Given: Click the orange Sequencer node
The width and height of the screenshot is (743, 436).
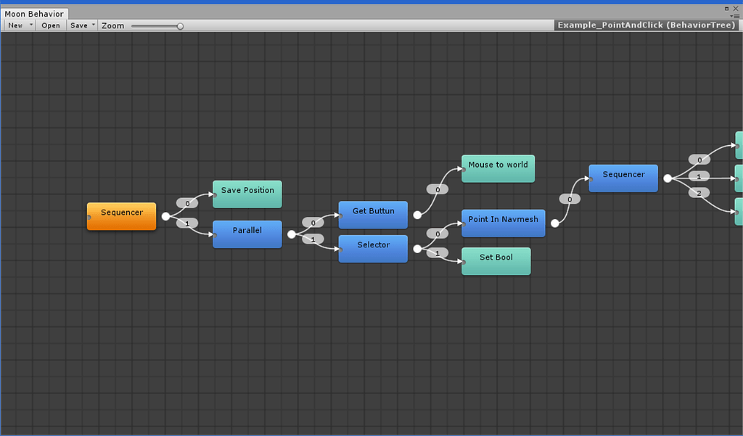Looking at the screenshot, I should (x=121, y=216).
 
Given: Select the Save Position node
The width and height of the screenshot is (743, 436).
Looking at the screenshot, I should (x=247, y=194).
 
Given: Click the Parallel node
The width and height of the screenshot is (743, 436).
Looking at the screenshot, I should (x=247, y=234).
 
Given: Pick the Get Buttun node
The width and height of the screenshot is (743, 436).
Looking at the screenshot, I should (x=374, y=215).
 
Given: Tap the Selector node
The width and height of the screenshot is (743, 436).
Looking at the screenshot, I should (x=374, y=249).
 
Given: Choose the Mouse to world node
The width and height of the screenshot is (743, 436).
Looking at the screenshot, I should (x=498, y=168).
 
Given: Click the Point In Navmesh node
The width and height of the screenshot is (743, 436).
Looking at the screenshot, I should (x=504, y=223).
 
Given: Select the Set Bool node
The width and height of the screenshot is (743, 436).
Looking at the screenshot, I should (x=497, y=261).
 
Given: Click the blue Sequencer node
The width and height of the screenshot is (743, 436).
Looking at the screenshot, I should (x=624, y=178).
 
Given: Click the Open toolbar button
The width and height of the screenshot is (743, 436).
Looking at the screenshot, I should (x=51, y=25).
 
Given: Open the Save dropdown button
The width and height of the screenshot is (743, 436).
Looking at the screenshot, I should (x=83, y=25).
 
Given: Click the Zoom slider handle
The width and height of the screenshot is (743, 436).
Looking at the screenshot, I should (x=180, y=26).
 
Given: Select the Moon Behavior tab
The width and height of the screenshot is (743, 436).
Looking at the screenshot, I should (x=34, y=14).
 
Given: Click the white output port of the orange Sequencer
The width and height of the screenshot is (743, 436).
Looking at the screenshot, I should (x=165, y=216).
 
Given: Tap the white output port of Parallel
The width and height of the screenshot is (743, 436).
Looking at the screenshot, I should (x=292, y=234).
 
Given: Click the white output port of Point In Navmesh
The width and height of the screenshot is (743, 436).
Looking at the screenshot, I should (x=554, y=223).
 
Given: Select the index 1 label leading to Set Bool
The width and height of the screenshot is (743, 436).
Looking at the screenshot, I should (x=437, y=253).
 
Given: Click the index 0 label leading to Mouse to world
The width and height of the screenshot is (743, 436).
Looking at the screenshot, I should (x=438, y=189).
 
